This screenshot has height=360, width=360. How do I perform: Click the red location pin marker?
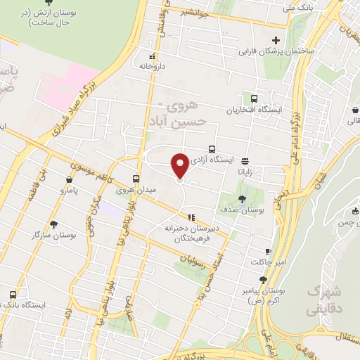[180, 165]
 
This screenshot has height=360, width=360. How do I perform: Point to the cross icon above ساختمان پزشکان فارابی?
[276, 40]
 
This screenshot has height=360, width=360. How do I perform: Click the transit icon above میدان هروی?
[136, 179]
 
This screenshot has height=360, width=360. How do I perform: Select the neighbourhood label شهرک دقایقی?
[325, 300]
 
